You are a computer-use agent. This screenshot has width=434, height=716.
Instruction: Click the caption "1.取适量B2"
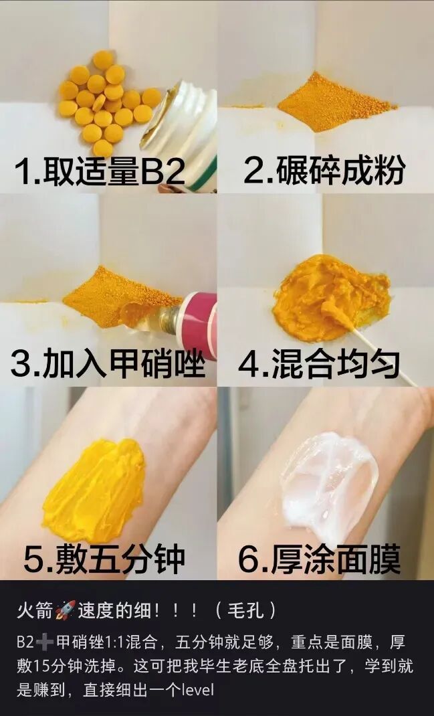[100, 171]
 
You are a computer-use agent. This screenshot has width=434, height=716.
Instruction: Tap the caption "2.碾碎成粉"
[324, 171]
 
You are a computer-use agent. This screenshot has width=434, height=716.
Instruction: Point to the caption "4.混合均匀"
[320, 364]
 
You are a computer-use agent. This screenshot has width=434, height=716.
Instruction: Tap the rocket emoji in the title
[66, 610]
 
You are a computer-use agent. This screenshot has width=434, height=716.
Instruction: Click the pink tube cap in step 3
[199, 323]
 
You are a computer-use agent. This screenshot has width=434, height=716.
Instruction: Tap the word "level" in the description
[197, 689]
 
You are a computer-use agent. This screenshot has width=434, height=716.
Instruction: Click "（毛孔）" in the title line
[245, 610]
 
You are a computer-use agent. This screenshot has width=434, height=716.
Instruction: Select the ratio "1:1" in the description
[114, 642]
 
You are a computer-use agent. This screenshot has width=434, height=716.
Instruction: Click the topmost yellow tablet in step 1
[103, 60]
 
